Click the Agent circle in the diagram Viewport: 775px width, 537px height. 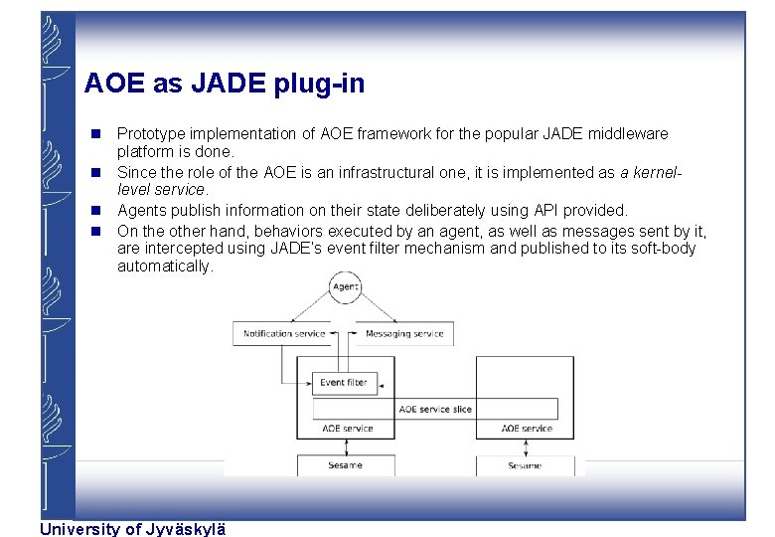click(x=345, y=287)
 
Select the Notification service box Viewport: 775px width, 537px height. click(x=284, y=333)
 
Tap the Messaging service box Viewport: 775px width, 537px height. click(x=404, y=333)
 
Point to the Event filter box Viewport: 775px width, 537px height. click(x=343, y=382)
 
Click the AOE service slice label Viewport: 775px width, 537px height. click(x=435, y=409)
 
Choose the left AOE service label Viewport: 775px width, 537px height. click(x=348, y=429)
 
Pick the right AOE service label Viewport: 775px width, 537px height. click(x=527, y=429)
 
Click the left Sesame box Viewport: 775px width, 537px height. click(x=345, y=465)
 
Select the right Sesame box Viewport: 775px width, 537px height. click(x=525, y=465)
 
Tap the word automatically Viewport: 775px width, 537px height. click(x=164, y=267)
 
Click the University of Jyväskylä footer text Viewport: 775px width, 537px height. click(x=133, y=529)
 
